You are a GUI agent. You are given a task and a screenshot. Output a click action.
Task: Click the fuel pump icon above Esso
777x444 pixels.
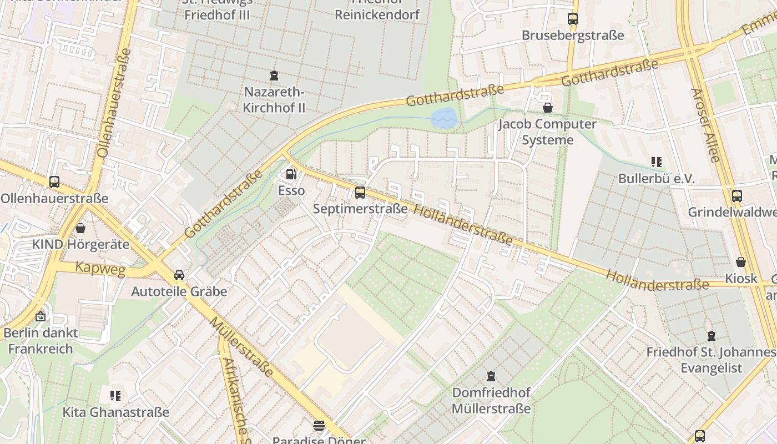coord(290,174)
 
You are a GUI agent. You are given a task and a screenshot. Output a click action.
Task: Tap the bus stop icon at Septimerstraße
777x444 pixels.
coord(360,193)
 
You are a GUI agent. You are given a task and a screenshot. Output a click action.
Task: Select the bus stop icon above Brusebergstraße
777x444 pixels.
coord(572,19)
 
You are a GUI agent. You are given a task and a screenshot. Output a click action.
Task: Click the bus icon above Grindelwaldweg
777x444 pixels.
coord(736,195)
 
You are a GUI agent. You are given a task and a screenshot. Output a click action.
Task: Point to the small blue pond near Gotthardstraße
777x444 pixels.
coord(444,118)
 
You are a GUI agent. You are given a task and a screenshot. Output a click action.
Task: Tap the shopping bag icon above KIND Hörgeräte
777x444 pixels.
coord(80,228)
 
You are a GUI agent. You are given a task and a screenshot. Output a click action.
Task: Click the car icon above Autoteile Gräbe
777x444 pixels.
coord(179,275)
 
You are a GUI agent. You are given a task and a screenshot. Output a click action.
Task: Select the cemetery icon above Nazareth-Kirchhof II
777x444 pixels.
coord(274,75)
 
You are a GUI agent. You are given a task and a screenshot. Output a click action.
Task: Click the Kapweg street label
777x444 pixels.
coord(93,267)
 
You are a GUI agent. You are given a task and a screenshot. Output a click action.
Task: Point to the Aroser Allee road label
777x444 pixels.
coord(705,125)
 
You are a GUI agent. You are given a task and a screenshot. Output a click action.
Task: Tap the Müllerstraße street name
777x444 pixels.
coord(241,347)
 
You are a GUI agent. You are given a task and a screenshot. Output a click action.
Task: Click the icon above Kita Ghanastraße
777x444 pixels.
coord(115,396)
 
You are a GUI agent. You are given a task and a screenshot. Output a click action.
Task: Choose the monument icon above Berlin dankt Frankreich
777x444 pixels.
coord(40,317)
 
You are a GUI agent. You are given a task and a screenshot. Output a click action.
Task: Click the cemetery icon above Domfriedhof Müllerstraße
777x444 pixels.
coord(491,376)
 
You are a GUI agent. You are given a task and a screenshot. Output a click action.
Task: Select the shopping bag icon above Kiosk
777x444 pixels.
coord(740,262)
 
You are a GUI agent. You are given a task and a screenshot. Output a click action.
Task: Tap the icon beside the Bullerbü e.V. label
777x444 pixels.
coord(657,162)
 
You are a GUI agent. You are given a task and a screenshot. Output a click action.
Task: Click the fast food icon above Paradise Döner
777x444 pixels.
coord(319,426)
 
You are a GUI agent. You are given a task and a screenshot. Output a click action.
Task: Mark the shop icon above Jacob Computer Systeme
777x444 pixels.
coord(547,108)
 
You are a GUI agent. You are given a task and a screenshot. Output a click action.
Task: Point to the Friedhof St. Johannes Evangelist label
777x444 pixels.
coord(711,360)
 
